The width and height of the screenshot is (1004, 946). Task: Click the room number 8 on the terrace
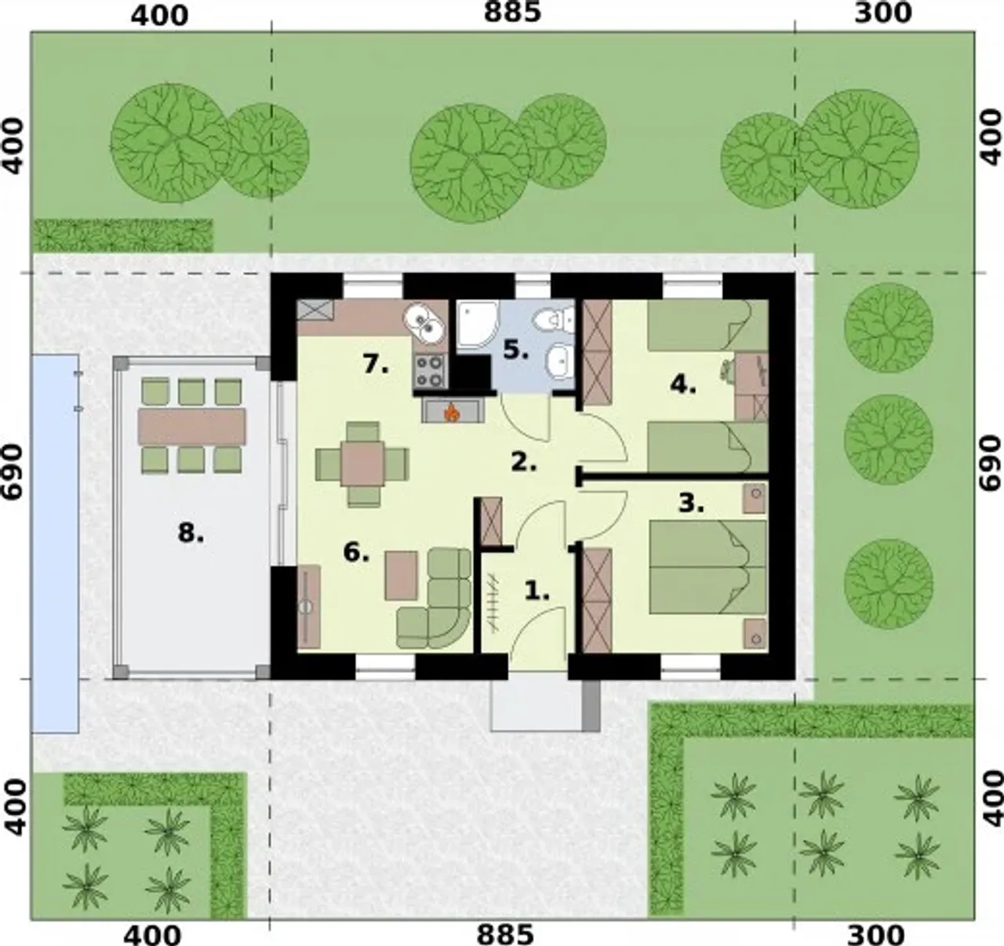(x=191, y=533)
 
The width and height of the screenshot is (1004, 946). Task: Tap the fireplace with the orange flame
(x=453, y=410)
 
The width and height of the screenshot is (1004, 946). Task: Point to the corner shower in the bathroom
(x=478, y=324)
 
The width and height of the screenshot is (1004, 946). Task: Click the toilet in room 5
(x=554, y=319)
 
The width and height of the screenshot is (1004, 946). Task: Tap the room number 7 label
(x=376, y=365)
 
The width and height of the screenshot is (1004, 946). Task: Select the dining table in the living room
(x=362, y=464)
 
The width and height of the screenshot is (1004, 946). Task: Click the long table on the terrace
(x=192, y=427)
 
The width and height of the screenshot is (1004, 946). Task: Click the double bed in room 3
(x=708, y=567)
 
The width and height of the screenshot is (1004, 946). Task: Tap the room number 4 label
(x=683, y=386)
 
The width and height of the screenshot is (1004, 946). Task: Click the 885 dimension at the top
(x=512, y=12)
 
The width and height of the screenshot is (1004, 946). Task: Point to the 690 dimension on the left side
(x=13, y=471)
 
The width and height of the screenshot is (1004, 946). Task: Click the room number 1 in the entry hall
(x=537, y=591)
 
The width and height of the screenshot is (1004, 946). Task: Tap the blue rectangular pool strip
(x=56, y=544)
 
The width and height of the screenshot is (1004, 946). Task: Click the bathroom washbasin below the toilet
(x=559, y=361)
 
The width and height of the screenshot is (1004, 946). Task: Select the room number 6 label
(x=356, y=552)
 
